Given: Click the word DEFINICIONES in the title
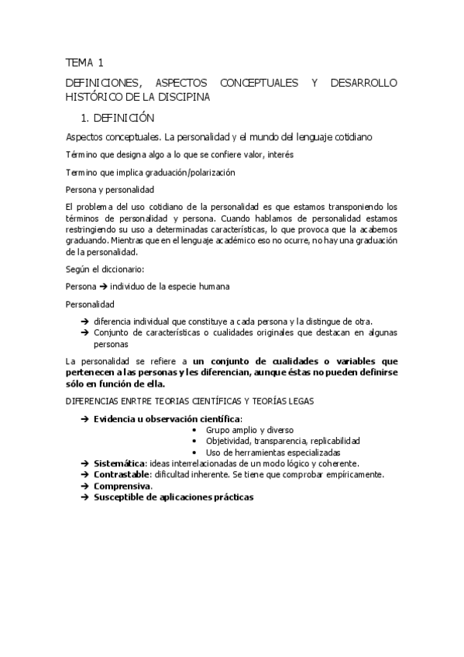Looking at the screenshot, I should tap(104, 82).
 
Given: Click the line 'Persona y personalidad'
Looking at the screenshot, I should tap(110, 189).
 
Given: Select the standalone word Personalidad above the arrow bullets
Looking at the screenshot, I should tap(90, 304).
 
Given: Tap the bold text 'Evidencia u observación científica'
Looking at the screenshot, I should tap(167, 418).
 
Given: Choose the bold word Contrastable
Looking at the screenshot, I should tap(121, 474).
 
